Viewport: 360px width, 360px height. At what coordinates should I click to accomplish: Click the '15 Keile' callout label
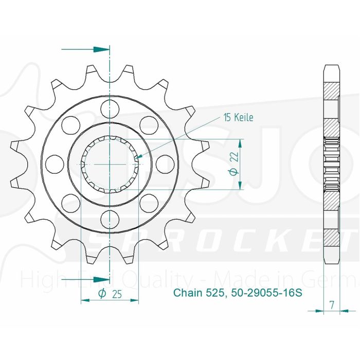(x=238, y=118)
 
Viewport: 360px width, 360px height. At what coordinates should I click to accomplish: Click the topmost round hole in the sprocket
(x=110, y=109)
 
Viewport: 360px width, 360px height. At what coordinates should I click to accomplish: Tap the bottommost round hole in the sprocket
(x=110, y=220)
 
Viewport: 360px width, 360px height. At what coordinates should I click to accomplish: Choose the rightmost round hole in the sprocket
(x=165, y=164)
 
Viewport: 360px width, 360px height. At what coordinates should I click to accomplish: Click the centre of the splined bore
(x=110, y=164)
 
